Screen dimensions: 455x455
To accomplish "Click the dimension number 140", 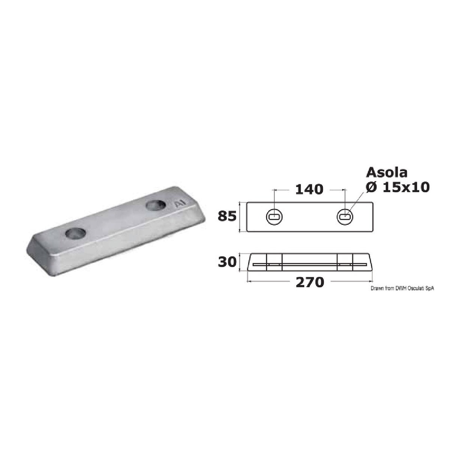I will click(x=309, y=190).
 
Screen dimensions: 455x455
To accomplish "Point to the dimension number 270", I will click(x=310, y=282).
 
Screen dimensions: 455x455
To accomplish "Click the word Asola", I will click(x=386, y=172).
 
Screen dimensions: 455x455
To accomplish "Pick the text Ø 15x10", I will click(x=398, y=187).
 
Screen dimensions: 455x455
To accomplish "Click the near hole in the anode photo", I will click(x=76, y=233).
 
